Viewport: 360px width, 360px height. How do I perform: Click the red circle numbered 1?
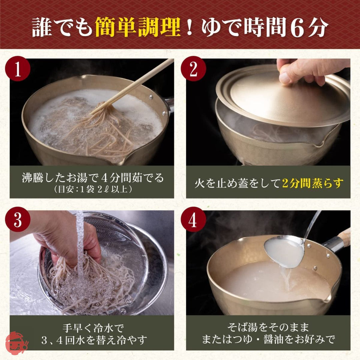pos(17,69)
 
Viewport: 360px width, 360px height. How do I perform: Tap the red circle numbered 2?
pos(193,69)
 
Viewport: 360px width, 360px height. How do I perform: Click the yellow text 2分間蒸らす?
pos(312,183)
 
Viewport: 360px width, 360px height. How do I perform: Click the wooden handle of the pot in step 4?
pos(344,237)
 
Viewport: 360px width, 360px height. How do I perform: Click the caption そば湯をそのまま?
pos(268,327)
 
